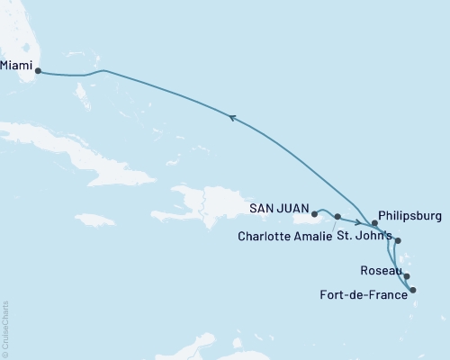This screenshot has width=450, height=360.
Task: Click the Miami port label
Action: (x=19, y=65)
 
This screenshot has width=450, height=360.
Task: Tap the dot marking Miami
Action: (x=38, y=73)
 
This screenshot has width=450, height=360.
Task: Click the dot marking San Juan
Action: (x=314, y=214)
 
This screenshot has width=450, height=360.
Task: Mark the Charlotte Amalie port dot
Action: (x=337, y=217)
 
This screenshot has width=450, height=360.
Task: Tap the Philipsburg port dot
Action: (x=375, y=222)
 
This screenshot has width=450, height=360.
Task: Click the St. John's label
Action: (x=364, y=237)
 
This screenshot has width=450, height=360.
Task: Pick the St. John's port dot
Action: (x=398, y=240)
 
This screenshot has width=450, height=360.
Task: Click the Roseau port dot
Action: (x=407, y=277)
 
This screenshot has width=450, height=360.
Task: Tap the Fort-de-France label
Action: (x=364, y=292)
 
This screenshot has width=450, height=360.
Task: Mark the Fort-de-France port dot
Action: (x=412, y=290)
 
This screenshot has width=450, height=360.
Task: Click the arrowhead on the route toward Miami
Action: (x=233, y=116)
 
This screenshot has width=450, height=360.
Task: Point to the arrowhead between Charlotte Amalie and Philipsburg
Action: (x=358, y=223)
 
